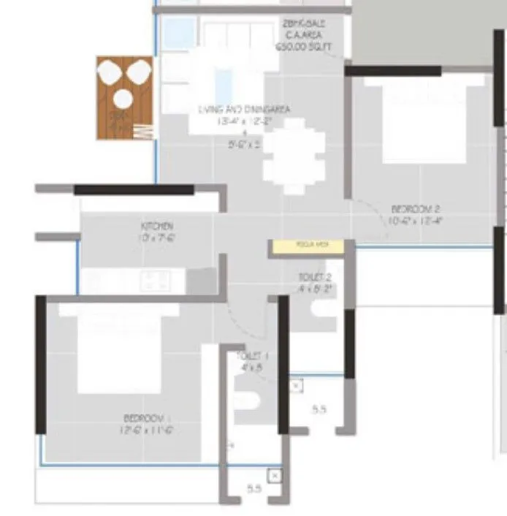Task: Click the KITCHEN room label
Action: [x=157, y=226]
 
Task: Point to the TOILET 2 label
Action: [x=315, y=278]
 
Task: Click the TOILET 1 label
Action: [x=252, y=356]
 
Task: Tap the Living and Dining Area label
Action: [x=245, y=110]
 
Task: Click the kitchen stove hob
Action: [x=156, y=279]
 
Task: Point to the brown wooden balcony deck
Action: [x=124, y=97]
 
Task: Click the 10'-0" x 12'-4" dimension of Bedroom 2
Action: [x=416, y=219]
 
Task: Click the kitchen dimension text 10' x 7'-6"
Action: [x=157, y=238]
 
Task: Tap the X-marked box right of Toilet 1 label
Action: [x=295, y=385]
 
